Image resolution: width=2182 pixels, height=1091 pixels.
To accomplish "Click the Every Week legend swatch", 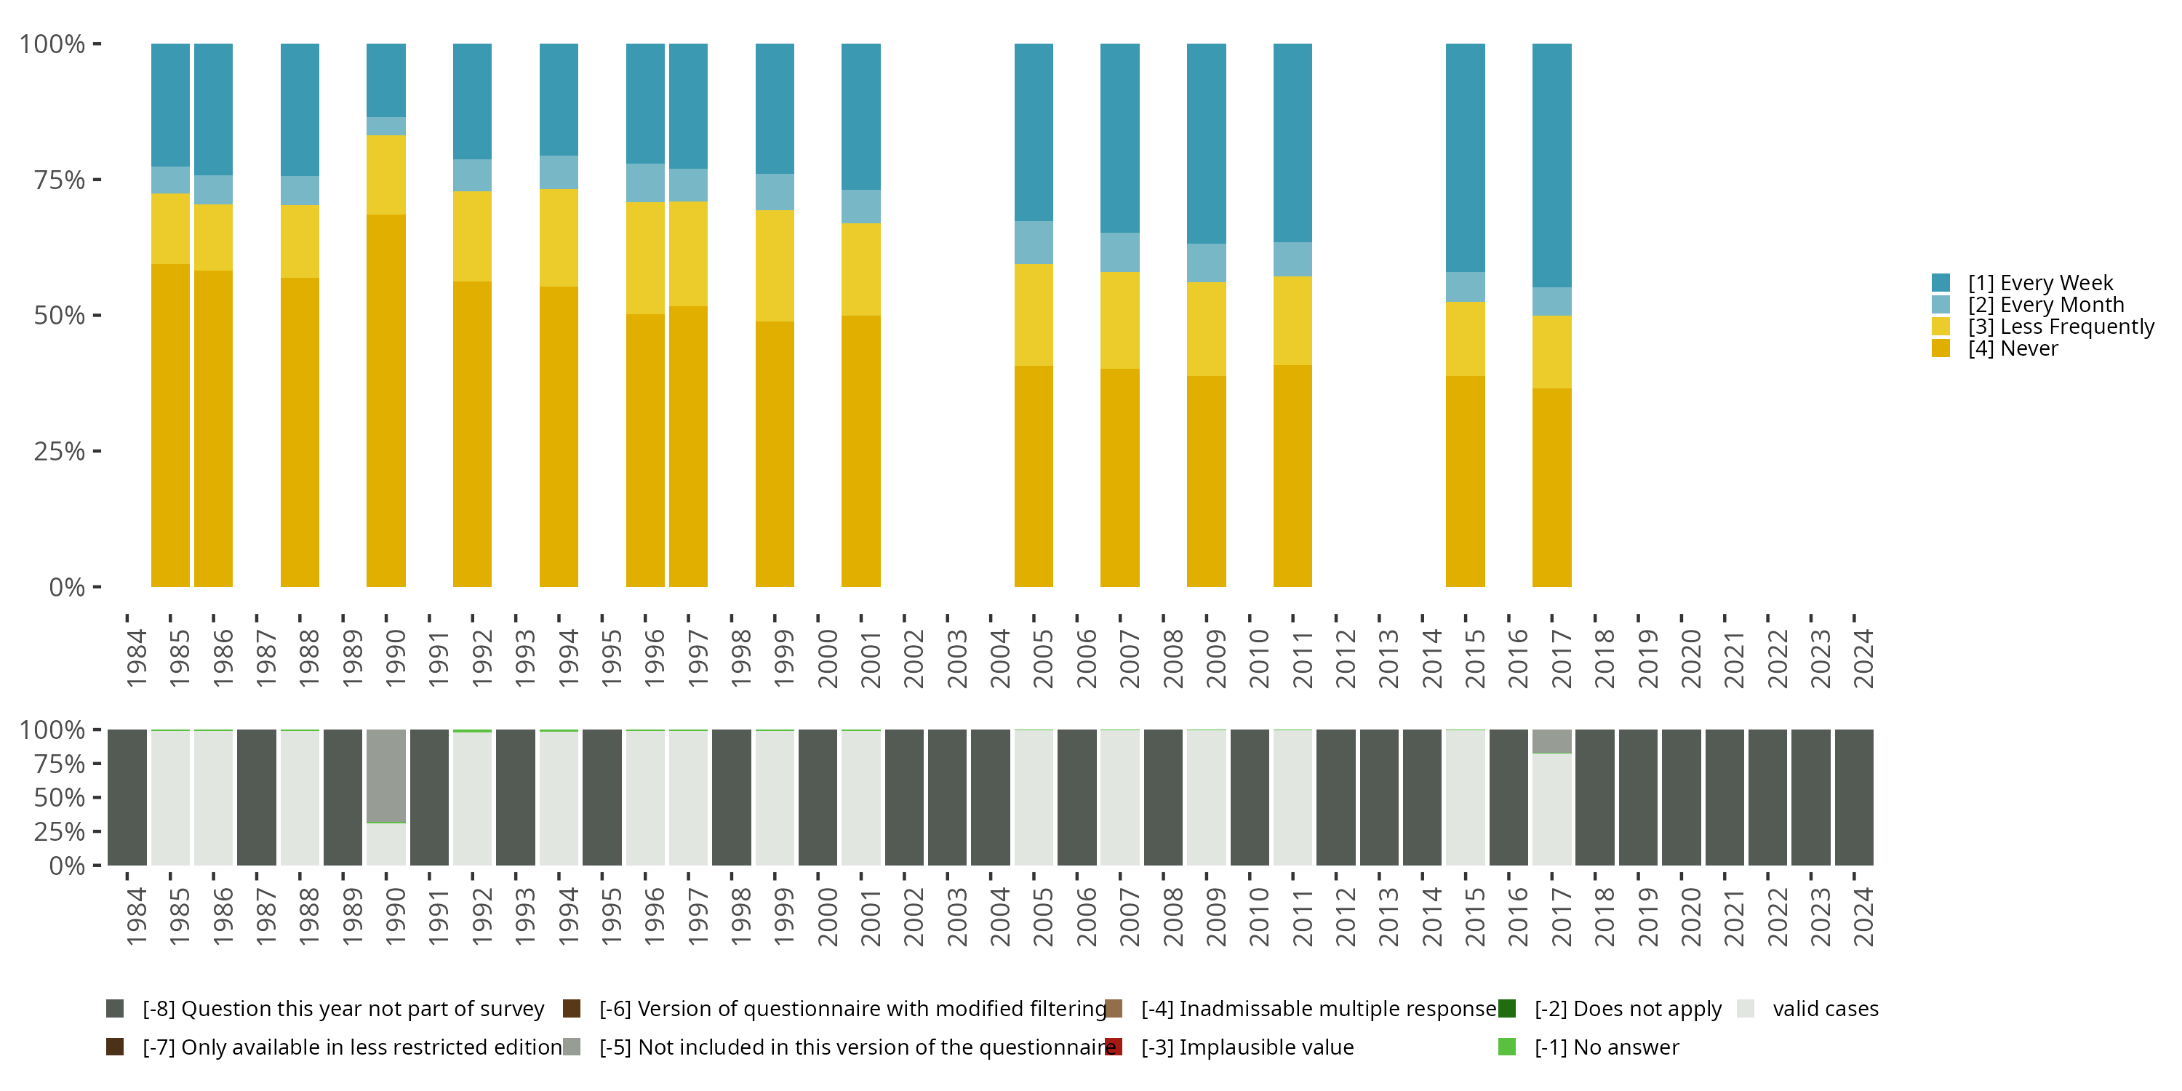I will point(1941,283).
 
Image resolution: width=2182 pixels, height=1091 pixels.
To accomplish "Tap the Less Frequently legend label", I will point(2060,327).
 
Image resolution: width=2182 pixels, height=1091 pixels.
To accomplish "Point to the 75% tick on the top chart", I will point(97,180).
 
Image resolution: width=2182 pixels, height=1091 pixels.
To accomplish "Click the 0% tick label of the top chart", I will point(67,587).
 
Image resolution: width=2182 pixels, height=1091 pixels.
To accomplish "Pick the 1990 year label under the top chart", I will point(396,658).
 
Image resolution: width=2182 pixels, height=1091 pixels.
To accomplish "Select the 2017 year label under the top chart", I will point(1561,658).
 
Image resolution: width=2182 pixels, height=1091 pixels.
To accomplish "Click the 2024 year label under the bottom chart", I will point(1863,916).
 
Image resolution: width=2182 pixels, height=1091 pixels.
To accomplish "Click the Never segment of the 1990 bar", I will point(385,400).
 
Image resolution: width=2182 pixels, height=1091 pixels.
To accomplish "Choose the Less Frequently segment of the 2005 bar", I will point(1034,314).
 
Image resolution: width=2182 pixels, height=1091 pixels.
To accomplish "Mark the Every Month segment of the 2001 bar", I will point(860,207).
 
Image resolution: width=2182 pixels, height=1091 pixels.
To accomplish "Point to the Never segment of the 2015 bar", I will point(1465,480).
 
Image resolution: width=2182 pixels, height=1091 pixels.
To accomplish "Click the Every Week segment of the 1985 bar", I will point(170,105).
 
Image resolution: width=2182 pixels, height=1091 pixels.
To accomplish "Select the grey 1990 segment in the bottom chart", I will point(385,775).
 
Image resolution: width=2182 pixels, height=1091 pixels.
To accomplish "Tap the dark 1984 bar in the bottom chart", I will point(127,797).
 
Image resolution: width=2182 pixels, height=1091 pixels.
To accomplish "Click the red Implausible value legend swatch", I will point(1114,1047).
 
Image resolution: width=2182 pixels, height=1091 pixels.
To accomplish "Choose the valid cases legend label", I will point(1825,1009).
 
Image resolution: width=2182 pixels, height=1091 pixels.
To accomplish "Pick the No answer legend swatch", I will point(1507,1047).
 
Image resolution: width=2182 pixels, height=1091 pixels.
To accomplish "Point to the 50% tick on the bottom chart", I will point(97,797).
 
